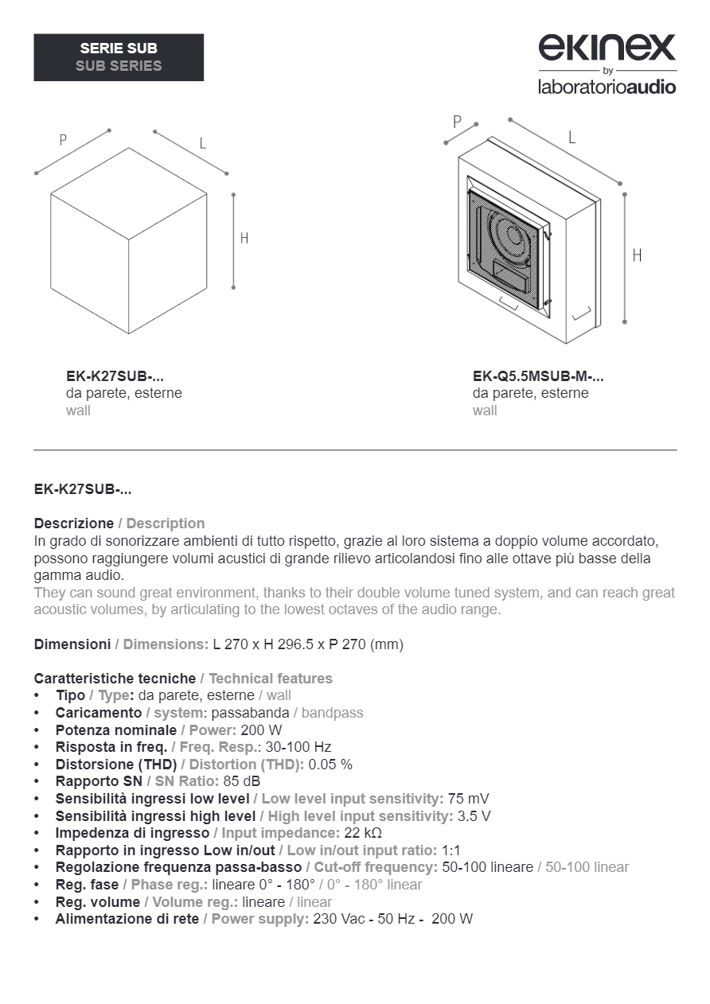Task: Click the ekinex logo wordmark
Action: [x=607, y=48]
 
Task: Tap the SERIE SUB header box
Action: [x=119, y=57]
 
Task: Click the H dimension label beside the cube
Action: [x=244, y=238]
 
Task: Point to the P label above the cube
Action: [x=63, y=140]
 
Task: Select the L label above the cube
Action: [x=202, y=143]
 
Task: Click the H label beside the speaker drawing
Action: [x=637, y=255]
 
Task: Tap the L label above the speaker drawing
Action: [x=572, y=137]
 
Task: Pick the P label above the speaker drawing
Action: [x=457, y=122]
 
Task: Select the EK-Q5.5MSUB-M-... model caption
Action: [x=538, y=376]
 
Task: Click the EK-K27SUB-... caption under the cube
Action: [x=115, y=376]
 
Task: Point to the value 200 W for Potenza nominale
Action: [x=261, y=730]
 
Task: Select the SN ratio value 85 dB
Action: [x=242, y=781]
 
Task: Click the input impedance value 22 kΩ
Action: [x=363, y=833]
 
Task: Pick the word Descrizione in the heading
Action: [x=74, y=523]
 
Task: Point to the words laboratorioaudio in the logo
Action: [x=607, y=86]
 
